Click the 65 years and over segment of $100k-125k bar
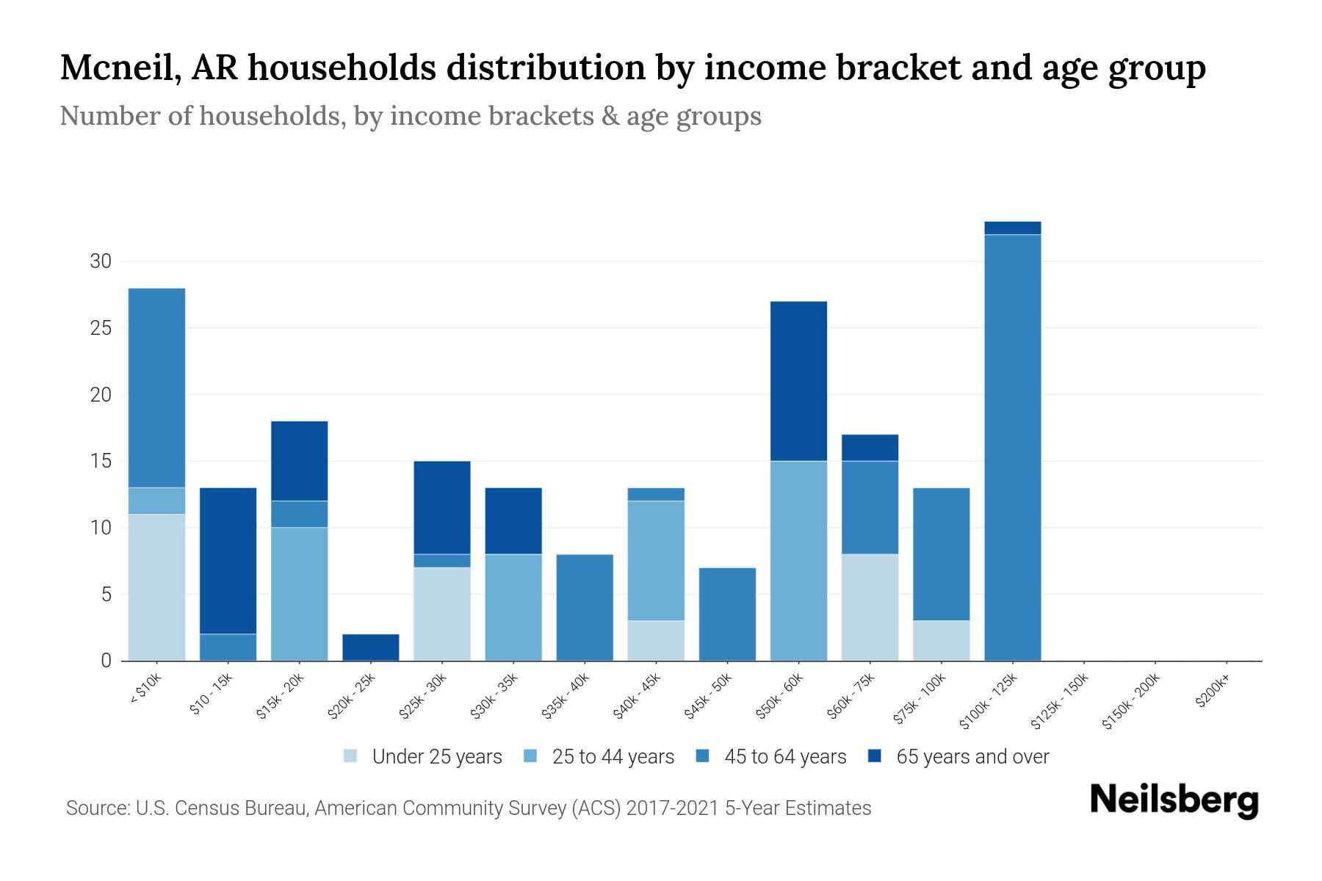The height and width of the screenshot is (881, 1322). pos(1012,228)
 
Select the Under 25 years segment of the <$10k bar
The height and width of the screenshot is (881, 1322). pos(156,587)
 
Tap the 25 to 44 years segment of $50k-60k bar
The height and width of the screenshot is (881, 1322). pos(798,561)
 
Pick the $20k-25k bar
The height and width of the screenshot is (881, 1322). pos(371,647)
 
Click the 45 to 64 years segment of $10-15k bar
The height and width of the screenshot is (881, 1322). pos(228,647)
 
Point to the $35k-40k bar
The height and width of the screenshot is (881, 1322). pos(585,607)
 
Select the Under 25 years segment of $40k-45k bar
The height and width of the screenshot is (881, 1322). pos(656,640)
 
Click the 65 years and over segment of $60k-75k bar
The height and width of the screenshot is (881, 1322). pos(870,447)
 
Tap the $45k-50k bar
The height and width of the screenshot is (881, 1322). pos(727,614)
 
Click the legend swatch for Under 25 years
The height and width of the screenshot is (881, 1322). pos(351,755)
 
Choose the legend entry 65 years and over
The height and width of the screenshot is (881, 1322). pos(972,757)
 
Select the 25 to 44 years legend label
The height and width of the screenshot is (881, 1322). pos(613,757)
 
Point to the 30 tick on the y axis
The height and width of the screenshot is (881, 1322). pos(100,261)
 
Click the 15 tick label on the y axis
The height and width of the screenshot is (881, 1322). pos(100,461)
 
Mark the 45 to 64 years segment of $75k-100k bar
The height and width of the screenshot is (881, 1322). pos(941,554)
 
